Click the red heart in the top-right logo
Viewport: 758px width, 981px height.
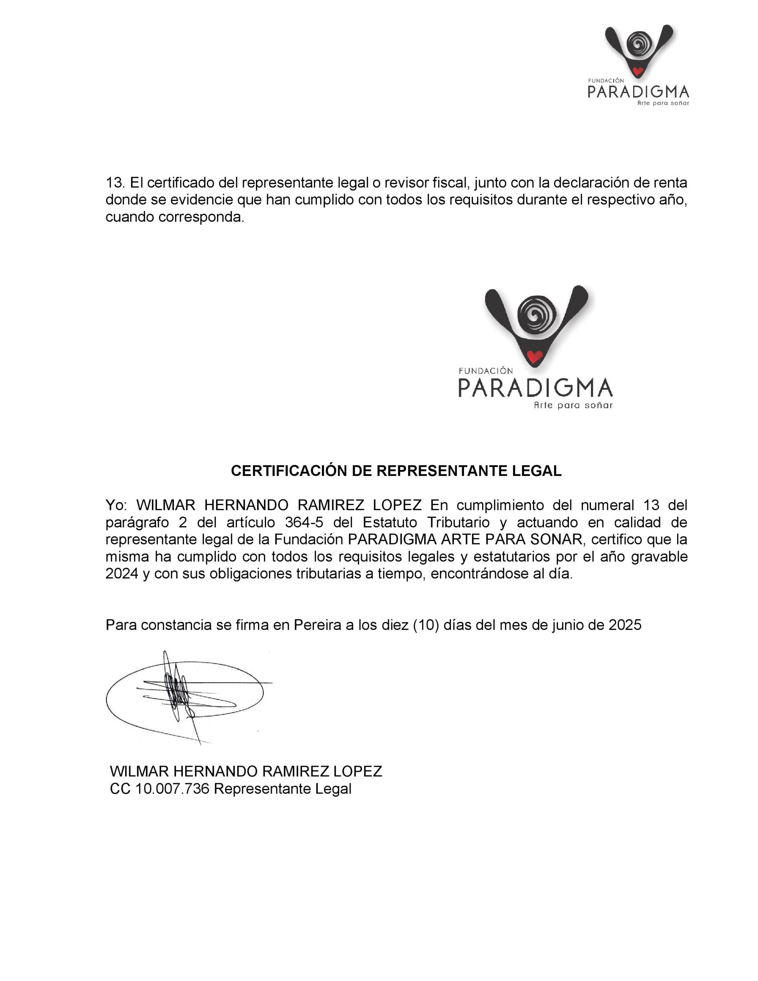tap(637, 71)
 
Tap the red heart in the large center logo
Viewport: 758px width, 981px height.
tap(534, 357)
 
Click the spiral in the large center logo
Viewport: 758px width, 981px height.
tap(537, 315)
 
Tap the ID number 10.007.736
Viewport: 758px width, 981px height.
tap(172, 789)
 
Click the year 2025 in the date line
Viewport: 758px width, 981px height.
tap(625, 625)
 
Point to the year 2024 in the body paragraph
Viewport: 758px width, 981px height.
tap(122, 574)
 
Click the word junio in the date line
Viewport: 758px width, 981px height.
tap(570, 625)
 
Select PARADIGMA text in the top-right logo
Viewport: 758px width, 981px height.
tap(638, 92)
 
